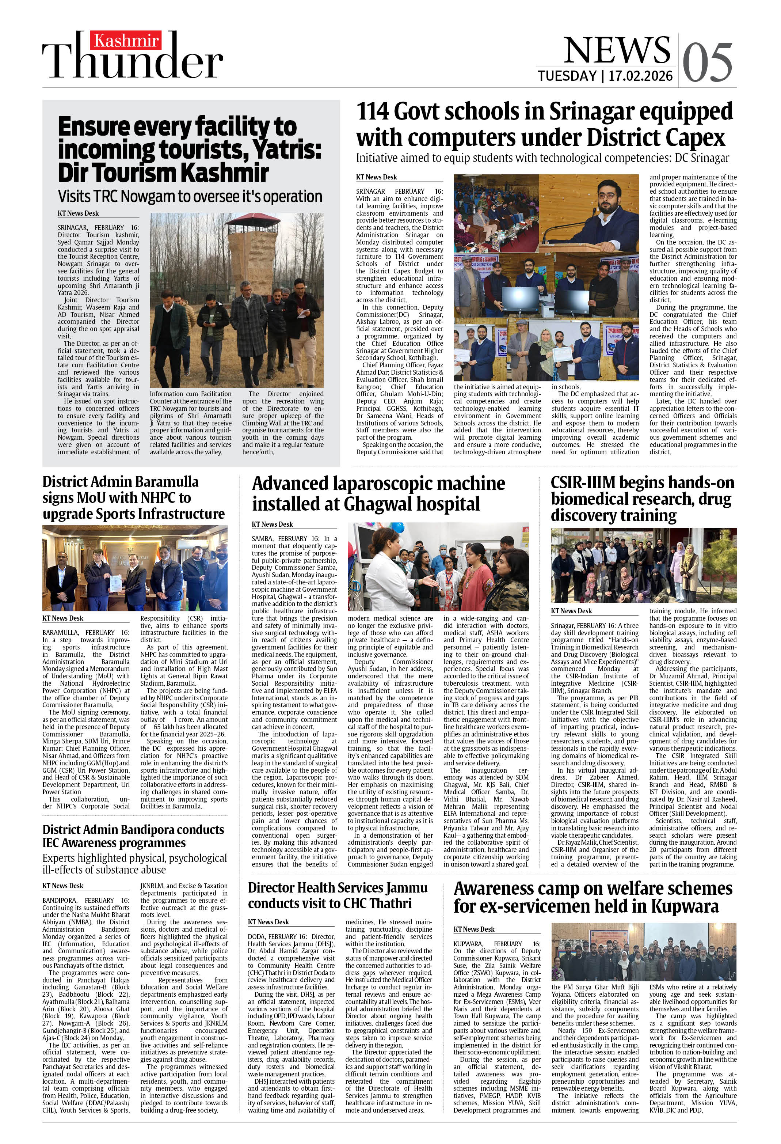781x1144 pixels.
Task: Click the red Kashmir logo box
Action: pyautogui.click(x=126, y=40)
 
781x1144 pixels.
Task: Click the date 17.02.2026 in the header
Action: pyautogui.click(x=640, y=76)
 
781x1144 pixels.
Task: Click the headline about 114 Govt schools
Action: pyautogui.click(x=544, y=125)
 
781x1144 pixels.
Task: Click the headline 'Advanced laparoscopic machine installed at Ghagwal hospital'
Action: pyautogui.click(x=378, y=494)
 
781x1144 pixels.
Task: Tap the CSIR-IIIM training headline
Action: pyautogui.click(x=642, y=499)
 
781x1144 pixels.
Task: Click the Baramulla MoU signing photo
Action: pyautogui.click(x=135, y=568)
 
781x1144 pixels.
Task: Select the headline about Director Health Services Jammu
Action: pyautogui.click(x=338, y=895)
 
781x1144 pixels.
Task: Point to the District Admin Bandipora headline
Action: pyautogui.click(x=133, y=836)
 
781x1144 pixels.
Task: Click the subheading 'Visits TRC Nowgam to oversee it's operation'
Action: pyautogui.click(x=190, y=196)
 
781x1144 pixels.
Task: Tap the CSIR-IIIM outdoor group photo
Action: pyautogui.click(x=643, y=565)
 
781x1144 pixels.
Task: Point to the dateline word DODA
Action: pyautogui.click(x=258, y=936)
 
